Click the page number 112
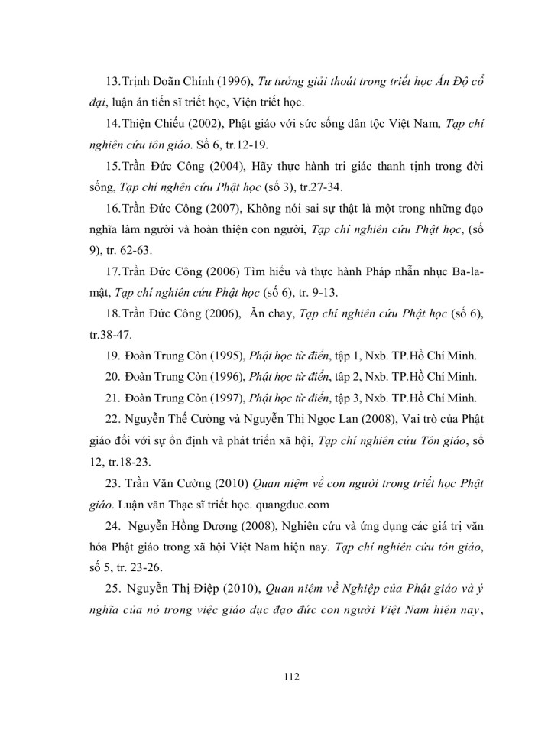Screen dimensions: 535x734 pos(267,676)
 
